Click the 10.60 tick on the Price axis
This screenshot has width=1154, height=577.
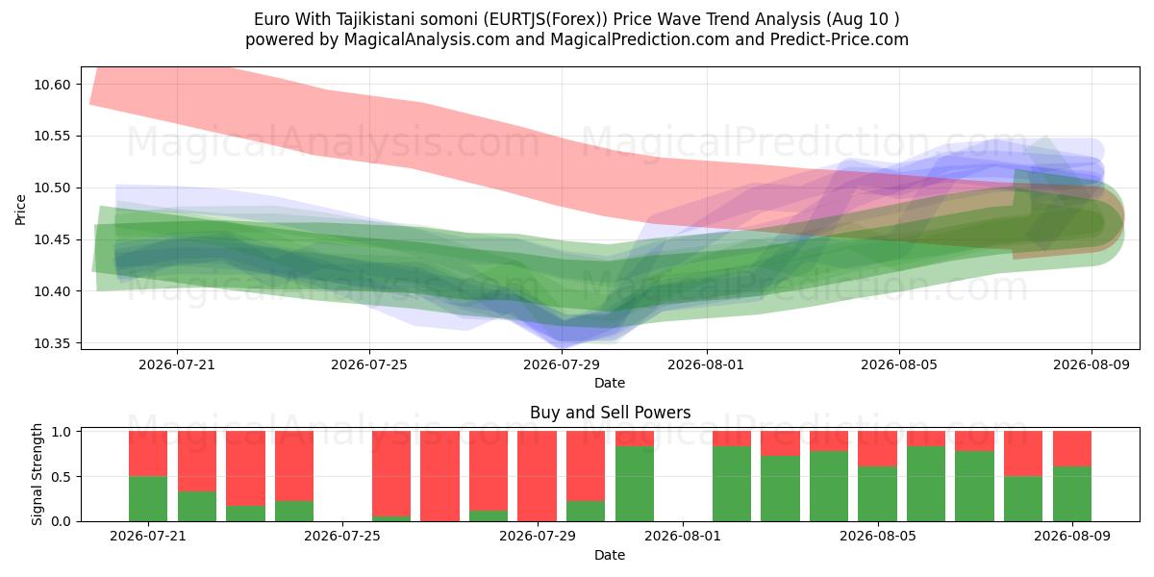click(52, 85)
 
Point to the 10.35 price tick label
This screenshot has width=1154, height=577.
click(52, 343)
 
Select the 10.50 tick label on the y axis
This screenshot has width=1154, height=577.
click(52, 188)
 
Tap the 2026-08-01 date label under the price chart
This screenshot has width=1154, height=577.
click(706, 364)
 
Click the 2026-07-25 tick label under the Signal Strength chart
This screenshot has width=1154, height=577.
click(342, 536)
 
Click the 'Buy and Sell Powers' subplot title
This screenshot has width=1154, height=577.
click(610, 413)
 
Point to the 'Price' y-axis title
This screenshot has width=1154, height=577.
click(20, 210)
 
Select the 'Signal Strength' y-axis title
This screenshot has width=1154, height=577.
click(37, 474)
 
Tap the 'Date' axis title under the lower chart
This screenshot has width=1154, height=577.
click(610, 555)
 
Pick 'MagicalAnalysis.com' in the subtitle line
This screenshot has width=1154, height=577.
click(427, 39)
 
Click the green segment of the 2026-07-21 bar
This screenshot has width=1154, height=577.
click(148, 499)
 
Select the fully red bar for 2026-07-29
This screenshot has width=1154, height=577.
click(537, 476)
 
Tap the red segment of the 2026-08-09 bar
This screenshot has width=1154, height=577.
click(1072, 449)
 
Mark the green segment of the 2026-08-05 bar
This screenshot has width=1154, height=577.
click(877, 494)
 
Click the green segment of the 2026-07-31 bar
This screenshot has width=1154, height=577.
click(635, 484)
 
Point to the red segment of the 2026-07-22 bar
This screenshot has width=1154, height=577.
click(197, 461)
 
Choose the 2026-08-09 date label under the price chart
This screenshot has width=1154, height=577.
click(1091, 364)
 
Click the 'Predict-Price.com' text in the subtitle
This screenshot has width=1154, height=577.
click(840, 39)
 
